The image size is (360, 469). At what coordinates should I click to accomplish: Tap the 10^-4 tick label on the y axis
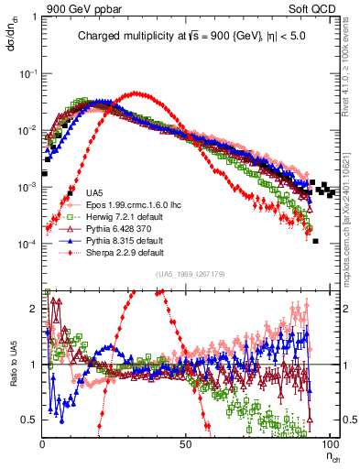28,245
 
